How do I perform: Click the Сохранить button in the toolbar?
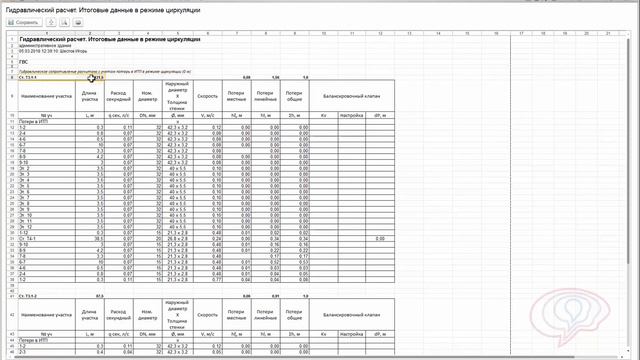coord(24,21)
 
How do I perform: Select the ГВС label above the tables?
coord(24,61)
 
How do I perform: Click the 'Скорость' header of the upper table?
coord(207,97)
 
